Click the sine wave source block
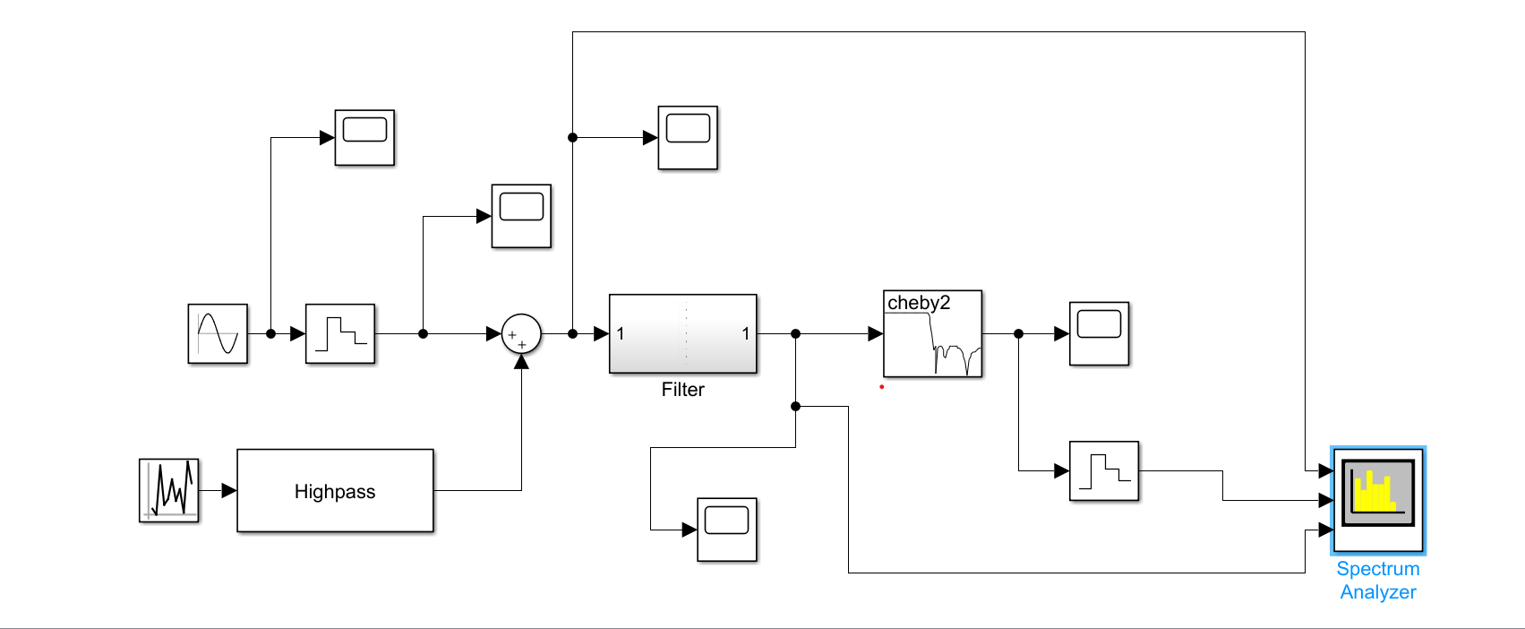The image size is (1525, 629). click(218, 333)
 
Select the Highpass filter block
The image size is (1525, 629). click(335, 491)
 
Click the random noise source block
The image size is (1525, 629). click(169, 490)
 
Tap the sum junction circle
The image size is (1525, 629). click(521, 333)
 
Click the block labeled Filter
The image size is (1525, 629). click(682, 333)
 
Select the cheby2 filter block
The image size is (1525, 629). click(932, 333)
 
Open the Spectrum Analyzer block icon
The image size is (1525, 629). click(1378, 500)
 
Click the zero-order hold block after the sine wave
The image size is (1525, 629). click(340, 333)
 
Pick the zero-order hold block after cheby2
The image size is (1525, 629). click(1104, 470)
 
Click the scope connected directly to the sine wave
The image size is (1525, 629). click(364, 137)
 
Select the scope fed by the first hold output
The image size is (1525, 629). click(521, 216)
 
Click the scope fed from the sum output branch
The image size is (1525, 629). click(688, 137)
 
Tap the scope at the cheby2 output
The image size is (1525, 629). click(1099, 333)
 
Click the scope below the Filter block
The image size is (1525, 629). click(726, 530)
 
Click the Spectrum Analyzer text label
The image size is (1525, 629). click(1377, 580)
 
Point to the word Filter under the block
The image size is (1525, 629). click(682, 390)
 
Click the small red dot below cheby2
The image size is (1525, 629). click(882, 387)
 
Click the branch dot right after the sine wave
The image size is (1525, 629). click(270, 333)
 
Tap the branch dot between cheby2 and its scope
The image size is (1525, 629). click(1018, 333)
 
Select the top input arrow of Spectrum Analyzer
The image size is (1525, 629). click(1325, 470)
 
